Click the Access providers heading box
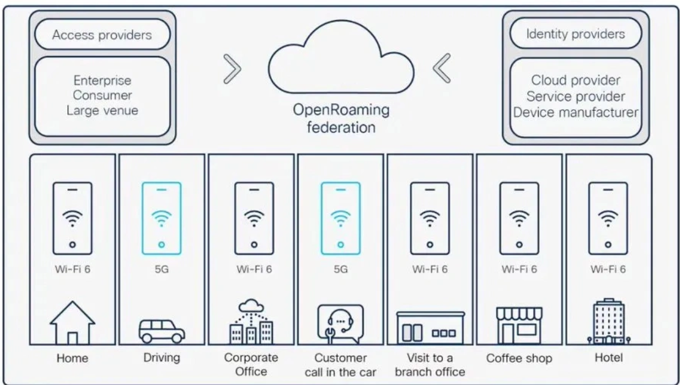tap(102, 35)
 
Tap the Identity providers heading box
tap(575, 33)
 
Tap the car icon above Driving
tap(162, 331)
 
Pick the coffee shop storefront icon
tap(519, 325)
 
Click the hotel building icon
tap(608, 322)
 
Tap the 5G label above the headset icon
tap(340, 269)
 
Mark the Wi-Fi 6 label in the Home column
tap(72, 269)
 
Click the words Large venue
tap(102, 110)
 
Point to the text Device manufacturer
tap(576, 111)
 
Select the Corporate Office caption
tap(251, 365)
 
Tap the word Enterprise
tap(102, 80)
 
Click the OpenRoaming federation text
tap(340, 119)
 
